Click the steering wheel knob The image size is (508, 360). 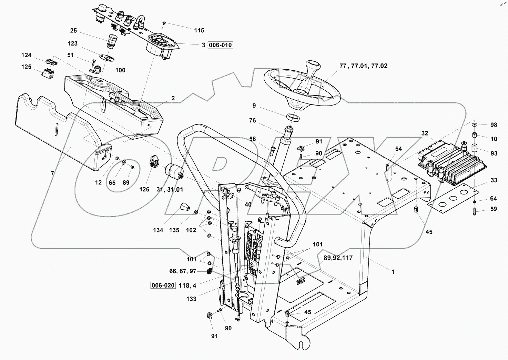[313, 67]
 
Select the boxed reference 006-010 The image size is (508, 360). [221, 45]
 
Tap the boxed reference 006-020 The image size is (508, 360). [163, 286]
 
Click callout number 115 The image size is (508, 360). [199, 30]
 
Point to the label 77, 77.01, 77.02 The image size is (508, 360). [363, 66]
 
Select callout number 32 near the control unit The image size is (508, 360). [424, 133]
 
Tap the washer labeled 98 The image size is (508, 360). [475, 124]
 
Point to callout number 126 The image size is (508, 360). [144, 189]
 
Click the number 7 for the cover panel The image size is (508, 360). [53, 173]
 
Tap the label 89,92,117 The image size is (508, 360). [338, 258]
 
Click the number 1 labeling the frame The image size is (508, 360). [393, 272]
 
